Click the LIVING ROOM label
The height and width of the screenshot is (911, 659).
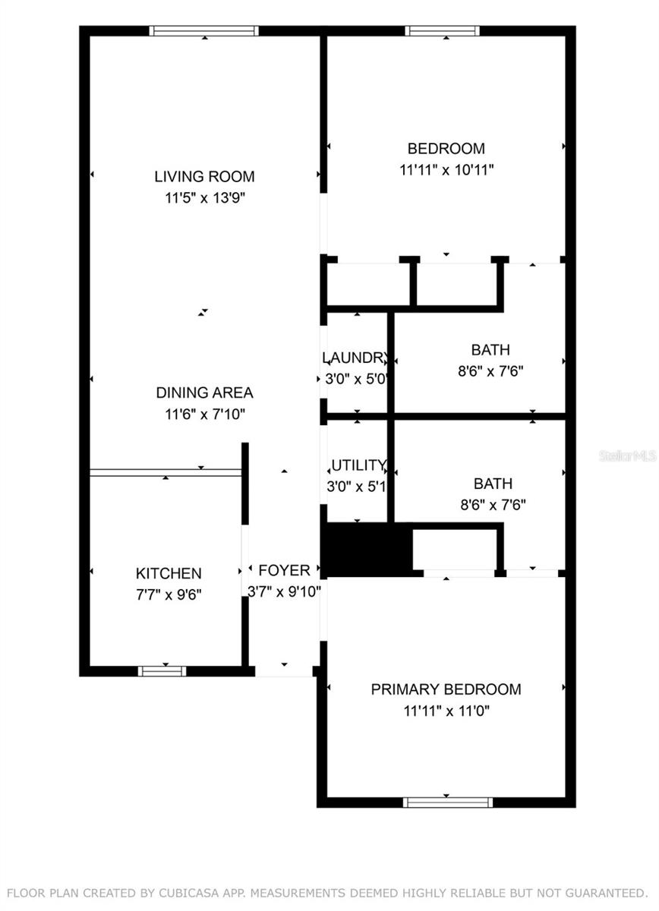204,177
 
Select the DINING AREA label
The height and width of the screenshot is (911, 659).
204,393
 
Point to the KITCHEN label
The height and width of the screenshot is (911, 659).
169,573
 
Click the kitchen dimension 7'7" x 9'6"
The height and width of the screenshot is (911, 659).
169,594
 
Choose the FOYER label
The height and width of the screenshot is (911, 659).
284,570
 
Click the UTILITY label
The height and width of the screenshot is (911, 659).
358,465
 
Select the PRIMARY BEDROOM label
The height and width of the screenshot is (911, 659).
446,689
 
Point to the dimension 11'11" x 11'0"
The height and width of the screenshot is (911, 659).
446,711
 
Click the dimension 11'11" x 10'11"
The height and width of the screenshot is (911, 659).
446,170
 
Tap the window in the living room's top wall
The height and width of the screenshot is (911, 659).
204,31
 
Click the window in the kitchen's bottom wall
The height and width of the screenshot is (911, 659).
162,671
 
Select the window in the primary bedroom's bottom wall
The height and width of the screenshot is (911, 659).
447,802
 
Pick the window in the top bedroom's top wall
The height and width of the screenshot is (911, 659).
442,31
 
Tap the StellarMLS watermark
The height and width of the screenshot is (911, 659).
627,455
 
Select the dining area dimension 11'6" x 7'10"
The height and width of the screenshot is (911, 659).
204,415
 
